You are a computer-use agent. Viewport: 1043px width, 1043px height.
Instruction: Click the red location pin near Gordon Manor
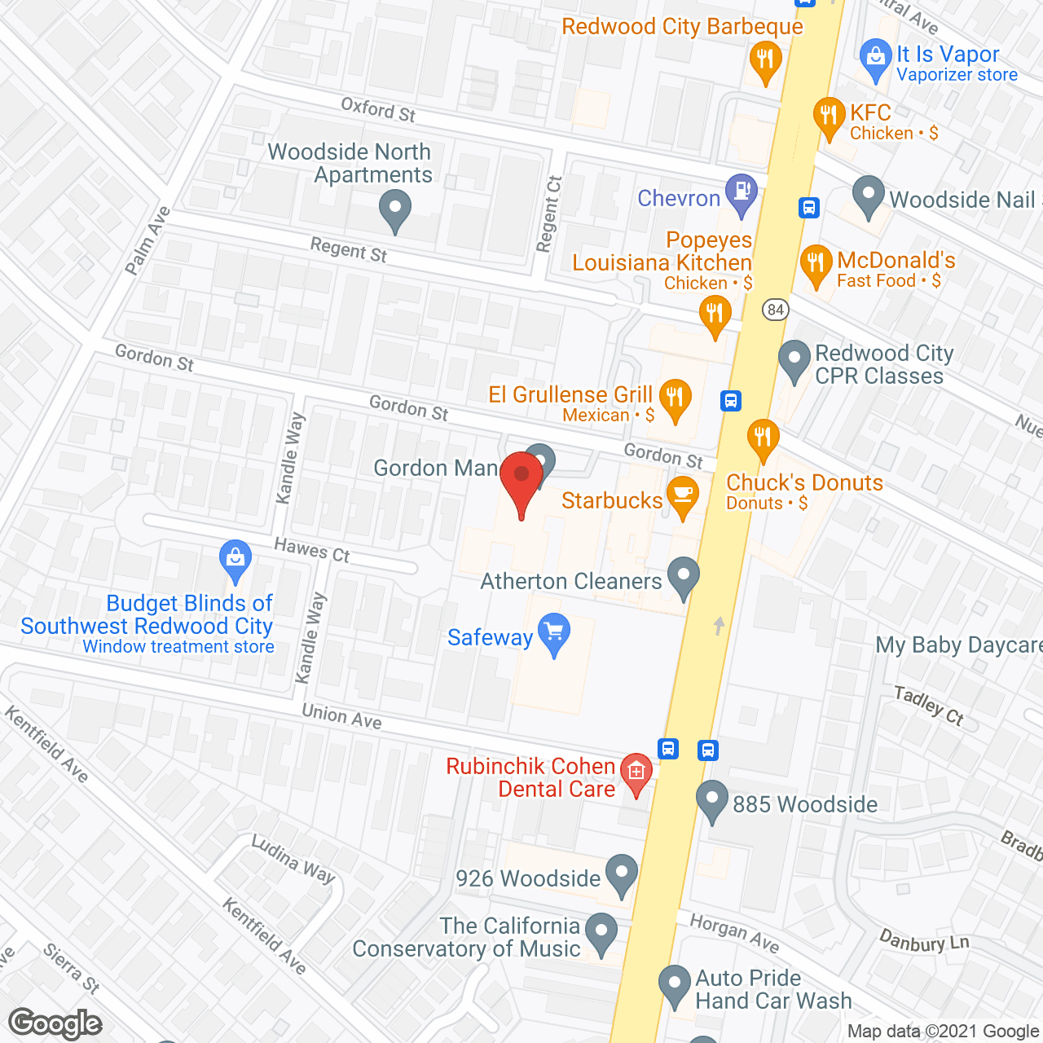(x=521, y=477)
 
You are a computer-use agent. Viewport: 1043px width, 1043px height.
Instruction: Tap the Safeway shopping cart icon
(x=554, y=632)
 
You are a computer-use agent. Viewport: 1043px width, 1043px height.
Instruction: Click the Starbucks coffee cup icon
(x=683, y=495)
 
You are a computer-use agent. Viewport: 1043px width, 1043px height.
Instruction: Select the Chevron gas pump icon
(x=742, y=193)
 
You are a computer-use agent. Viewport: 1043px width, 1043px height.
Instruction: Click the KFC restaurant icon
(x=829, y=116)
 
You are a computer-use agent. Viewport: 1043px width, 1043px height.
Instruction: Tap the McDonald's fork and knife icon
(x=815, y=263)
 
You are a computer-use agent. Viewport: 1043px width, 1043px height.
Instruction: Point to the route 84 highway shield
(x=776, y=310)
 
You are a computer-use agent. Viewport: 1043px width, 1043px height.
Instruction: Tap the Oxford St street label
(x=378, y=109)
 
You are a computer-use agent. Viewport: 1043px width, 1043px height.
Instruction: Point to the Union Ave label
(x=341, y=716)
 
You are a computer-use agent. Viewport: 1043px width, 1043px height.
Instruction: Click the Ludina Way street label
(x=293, y=859)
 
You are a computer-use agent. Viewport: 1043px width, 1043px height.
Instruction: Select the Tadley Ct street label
(x=929, y=705)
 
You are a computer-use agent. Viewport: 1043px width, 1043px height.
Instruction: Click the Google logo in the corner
(x=55, y=1023)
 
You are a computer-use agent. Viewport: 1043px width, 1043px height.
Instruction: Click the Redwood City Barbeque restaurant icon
(x=764, y=60)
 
